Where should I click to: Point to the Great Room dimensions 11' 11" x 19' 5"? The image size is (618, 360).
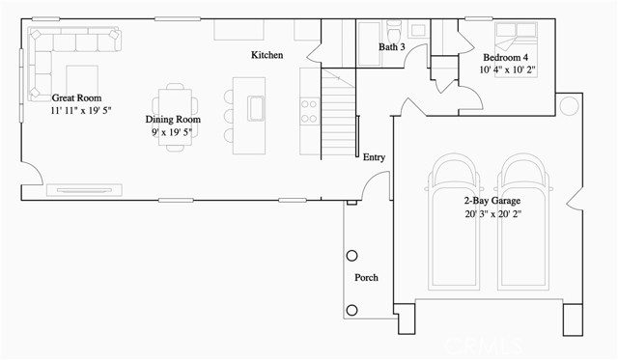click(x=81, y=111)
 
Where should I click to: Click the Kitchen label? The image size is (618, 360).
click(x=267, y=55)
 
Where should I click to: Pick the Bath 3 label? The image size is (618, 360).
click(x=391, y=46)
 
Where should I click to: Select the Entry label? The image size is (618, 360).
click(x=374, y=156)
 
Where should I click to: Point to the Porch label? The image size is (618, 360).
click(x=367, y=277)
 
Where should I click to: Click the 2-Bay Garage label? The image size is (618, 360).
click(x=492, y=201)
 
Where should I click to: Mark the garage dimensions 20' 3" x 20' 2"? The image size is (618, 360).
click(x=492, y=213)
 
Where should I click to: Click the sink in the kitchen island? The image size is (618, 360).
click(x=258, y=106)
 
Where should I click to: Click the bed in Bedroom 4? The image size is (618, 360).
click(x=512, y=37)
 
